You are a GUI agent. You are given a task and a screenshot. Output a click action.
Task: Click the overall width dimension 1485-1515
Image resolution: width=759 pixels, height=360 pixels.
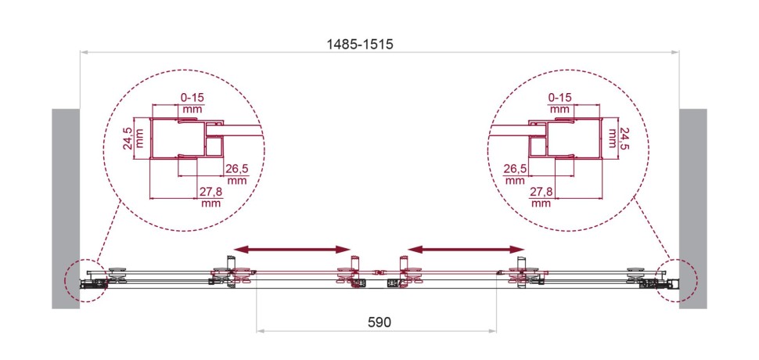pyautogui.click(x=360, y=45)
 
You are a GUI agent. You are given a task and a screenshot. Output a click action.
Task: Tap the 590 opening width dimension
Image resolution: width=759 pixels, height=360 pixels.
pyautogui.click(x=379, y=322)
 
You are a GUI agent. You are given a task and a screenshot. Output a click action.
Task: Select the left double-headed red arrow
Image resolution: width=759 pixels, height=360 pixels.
pyautogui.click(x=292, y=249)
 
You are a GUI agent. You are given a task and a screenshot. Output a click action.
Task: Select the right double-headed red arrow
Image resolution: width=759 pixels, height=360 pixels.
pyautogui.click(x=466, y=249)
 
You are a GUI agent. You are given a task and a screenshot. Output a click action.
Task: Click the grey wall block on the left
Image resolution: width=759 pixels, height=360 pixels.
pyautogui.click(x=66, y=208)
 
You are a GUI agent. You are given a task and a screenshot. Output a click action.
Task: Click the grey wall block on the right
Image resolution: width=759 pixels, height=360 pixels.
pyautogui.click(x=692, y=208)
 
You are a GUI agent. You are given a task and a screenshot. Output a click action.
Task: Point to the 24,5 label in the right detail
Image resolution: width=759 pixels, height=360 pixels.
pyautogui.click(x=625, y=138)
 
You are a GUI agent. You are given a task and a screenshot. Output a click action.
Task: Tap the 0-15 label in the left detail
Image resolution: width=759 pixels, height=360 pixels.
pyautogui.click(x=192, y=98)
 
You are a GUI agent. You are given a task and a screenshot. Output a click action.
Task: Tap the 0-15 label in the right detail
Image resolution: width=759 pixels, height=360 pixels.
pyautogui.click(x=560, y=98)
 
